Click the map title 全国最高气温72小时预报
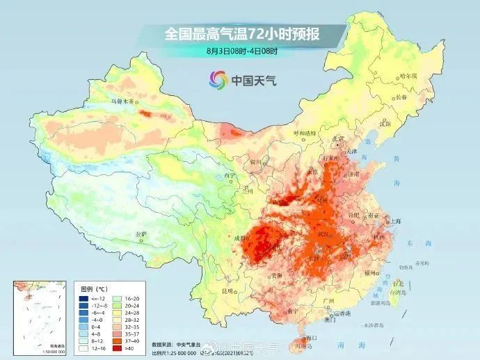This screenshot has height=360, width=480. coord(241,33)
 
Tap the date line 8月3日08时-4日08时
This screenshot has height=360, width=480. coord(241,51)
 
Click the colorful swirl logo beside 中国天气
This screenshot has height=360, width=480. coord(218,80)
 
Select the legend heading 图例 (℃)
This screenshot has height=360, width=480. coord(93,286)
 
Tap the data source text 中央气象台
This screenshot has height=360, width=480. coord(189,343)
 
